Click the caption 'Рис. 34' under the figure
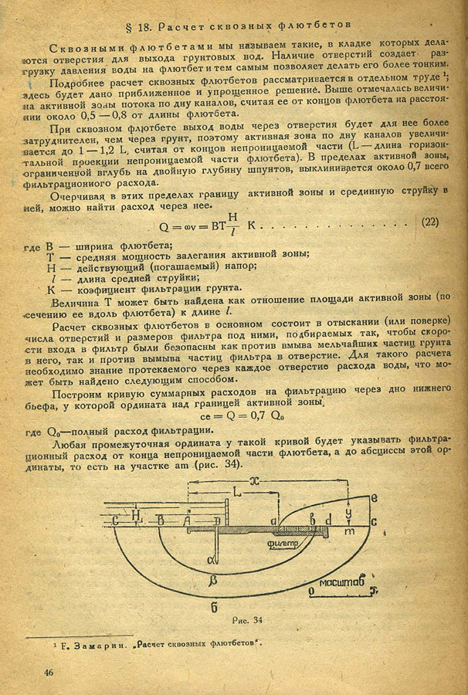(x=247, y=619)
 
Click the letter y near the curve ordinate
(x=349, y=511)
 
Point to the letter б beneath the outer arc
(x=214, y=606)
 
